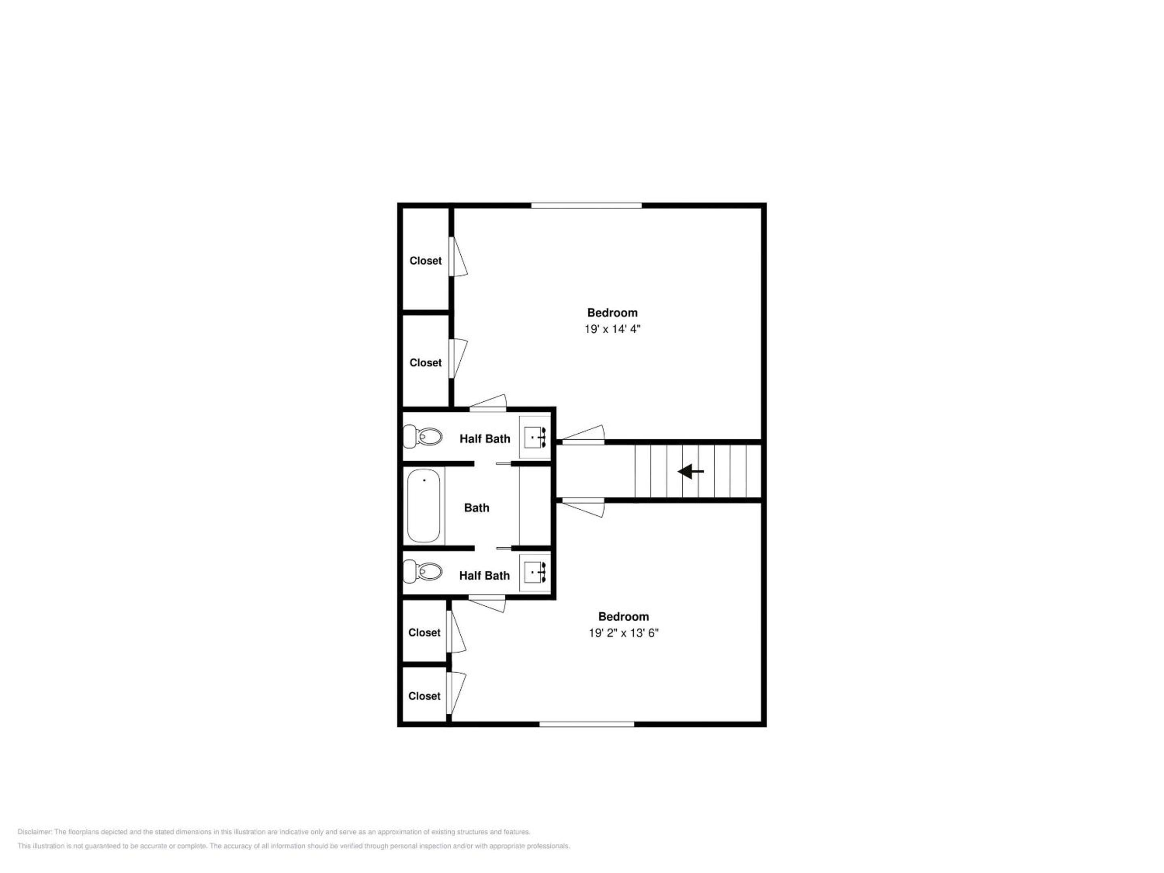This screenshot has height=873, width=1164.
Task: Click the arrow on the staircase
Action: point(690,472)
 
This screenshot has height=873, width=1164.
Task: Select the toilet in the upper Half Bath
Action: point(422,436)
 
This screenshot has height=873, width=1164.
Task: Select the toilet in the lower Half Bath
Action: point(422,571)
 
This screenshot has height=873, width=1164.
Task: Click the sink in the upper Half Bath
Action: point(535,437)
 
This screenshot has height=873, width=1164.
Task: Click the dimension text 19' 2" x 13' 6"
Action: point(624,633)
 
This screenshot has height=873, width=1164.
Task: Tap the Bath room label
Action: point(477,508)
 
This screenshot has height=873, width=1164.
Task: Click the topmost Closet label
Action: point(426,260)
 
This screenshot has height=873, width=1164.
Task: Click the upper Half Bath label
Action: point(485,439)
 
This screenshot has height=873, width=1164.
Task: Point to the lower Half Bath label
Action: point(484,576)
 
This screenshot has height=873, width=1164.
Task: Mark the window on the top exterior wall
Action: point(586,205)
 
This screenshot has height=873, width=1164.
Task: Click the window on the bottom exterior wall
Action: point(587,724)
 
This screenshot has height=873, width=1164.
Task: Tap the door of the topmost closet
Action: point(458,257)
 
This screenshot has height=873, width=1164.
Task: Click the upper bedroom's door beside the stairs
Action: point(583,434)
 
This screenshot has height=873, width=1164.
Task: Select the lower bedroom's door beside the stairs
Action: point(583,507)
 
